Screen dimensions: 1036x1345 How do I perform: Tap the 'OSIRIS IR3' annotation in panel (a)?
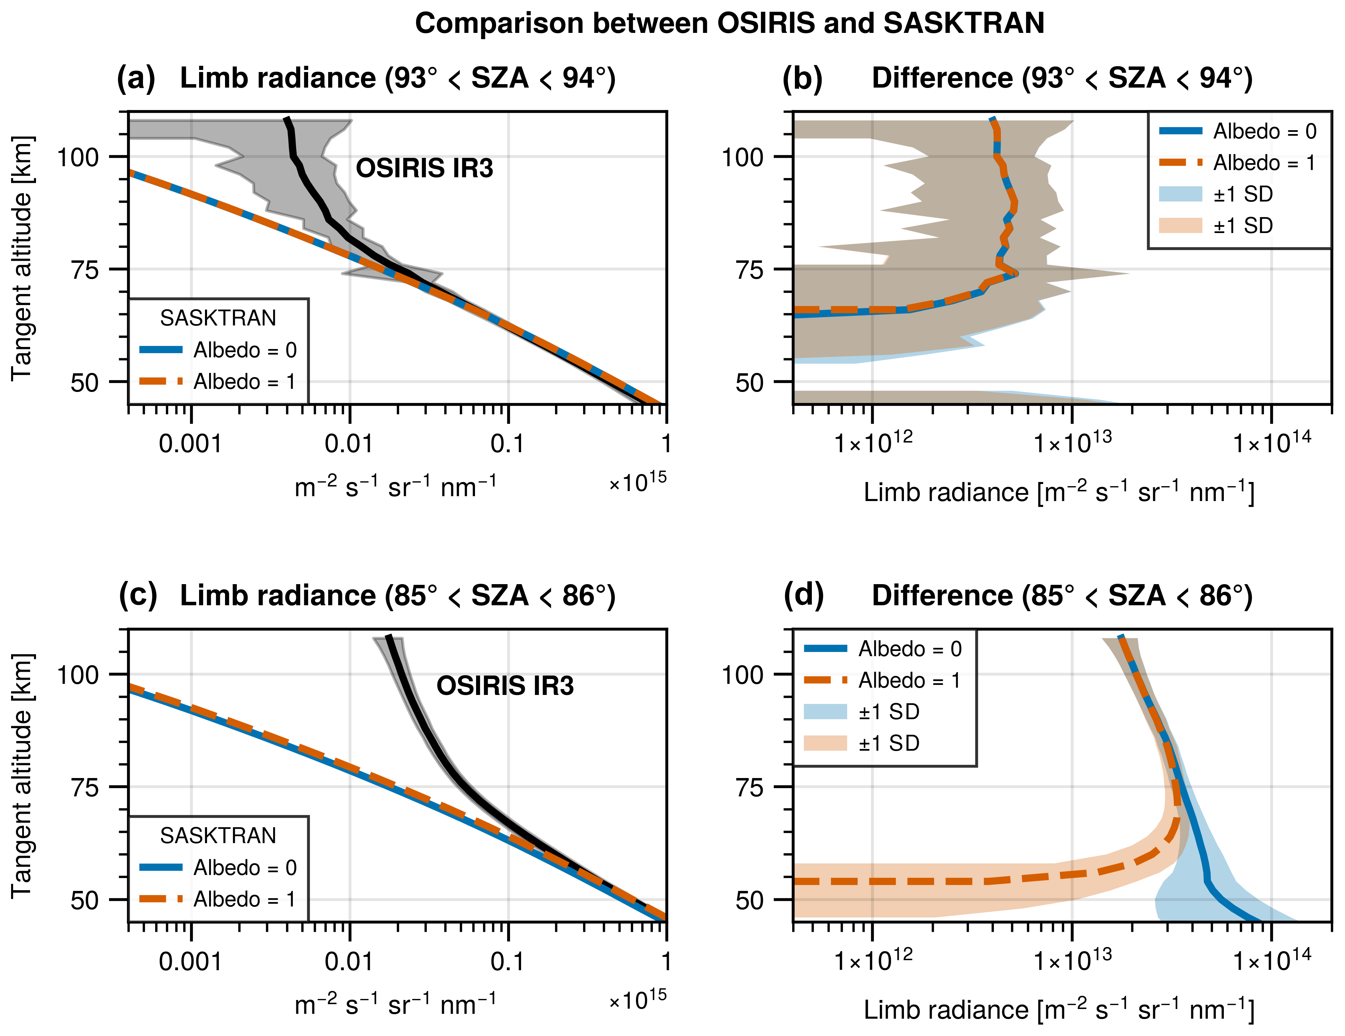pyautogui.click(x=424, y=168)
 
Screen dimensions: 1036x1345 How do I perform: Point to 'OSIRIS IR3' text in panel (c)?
pyautogui.click(x=505, y=686)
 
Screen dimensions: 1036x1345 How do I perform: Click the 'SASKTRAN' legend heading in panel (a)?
pyautogui.click(x=218, y=318)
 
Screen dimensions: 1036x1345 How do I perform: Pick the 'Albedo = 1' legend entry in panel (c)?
pyautogui.click(x=244, y=899)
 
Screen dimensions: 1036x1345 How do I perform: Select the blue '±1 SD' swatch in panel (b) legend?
pyautogui.click(x=1180, y=194)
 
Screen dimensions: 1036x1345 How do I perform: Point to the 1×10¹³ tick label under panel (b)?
pyautogui.click(x=1072, y=442)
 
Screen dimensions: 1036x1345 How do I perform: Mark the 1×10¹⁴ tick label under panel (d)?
pyautogui.click(x=1272, y=959)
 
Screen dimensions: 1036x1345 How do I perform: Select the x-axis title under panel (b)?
pyautogui.click(x=1059, y=492)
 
